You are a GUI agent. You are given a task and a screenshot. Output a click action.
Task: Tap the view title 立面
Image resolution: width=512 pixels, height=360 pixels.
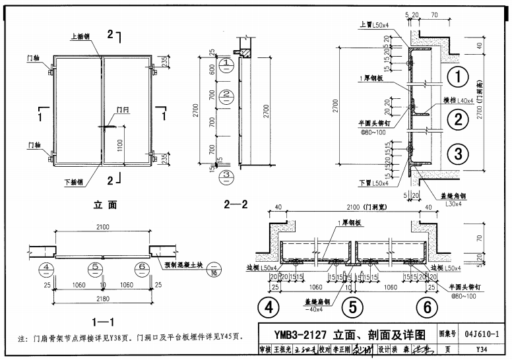pyautogui.click(x=105, y=205)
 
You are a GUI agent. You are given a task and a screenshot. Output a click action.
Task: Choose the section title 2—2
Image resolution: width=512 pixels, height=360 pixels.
pyautogui.click(x=236, y=205)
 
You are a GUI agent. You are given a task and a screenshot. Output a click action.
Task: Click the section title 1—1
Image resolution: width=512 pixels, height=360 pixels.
pyautogui.click(x=104, y=322)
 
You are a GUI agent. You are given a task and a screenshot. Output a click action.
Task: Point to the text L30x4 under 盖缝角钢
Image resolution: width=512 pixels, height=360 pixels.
pyautogui.click(x=453, y=204)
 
